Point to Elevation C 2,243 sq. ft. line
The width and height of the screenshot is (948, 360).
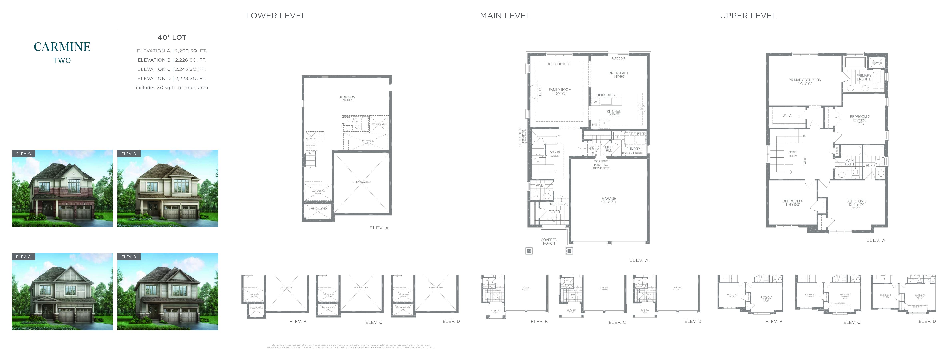[x=172, y=69]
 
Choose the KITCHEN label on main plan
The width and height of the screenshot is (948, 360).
[x=614, y=112]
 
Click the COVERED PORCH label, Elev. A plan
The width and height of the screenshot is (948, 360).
[x=549, y=241]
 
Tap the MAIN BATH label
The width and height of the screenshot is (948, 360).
[x=849, y=162]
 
